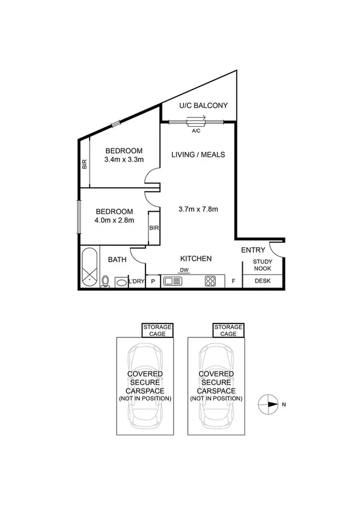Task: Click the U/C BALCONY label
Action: pyautogui.click(x=204, y=106)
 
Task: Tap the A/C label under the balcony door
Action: pyautogui.click(x=196, y=130)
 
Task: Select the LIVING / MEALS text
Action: pyautogui.click(x=198, y=155)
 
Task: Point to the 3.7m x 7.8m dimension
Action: pyautogui.click(x=198, y=209)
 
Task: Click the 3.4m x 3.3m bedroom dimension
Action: pyautogui.click(x=124, y=160)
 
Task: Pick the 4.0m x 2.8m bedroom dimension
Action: pyautogui.click(x=114, y=220)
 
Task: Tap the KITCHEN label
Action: pyautogui.click(x=196, y=259)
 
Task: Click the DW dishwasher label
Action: pyautogui.click(x=185, y=270)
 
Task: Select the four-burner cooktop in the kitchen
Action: pyautogui.click(x=210, y=280)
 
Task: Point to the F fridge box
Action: pyautogui.click(x=233, y=281)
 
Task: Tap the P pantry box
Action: pyautogui.click(x=153, y=281)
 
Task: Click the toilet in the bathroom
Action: pyautogui.click(x=106, y=281)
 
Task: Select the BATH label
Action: pyautogui.click(x=117, y=260)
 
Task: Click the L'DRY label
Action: pyautogui.click(x=136, y=281)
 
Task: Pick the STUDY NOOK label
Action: pyautogui.click(x=263, y=265)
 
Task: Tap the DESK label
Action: pyautogui.click(x=263, y=281)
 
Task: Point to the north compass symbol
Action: pyautogui.click(x=267, y=404)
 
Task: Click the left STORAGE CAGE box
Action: pyautogui.click(x=157, y=330)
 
